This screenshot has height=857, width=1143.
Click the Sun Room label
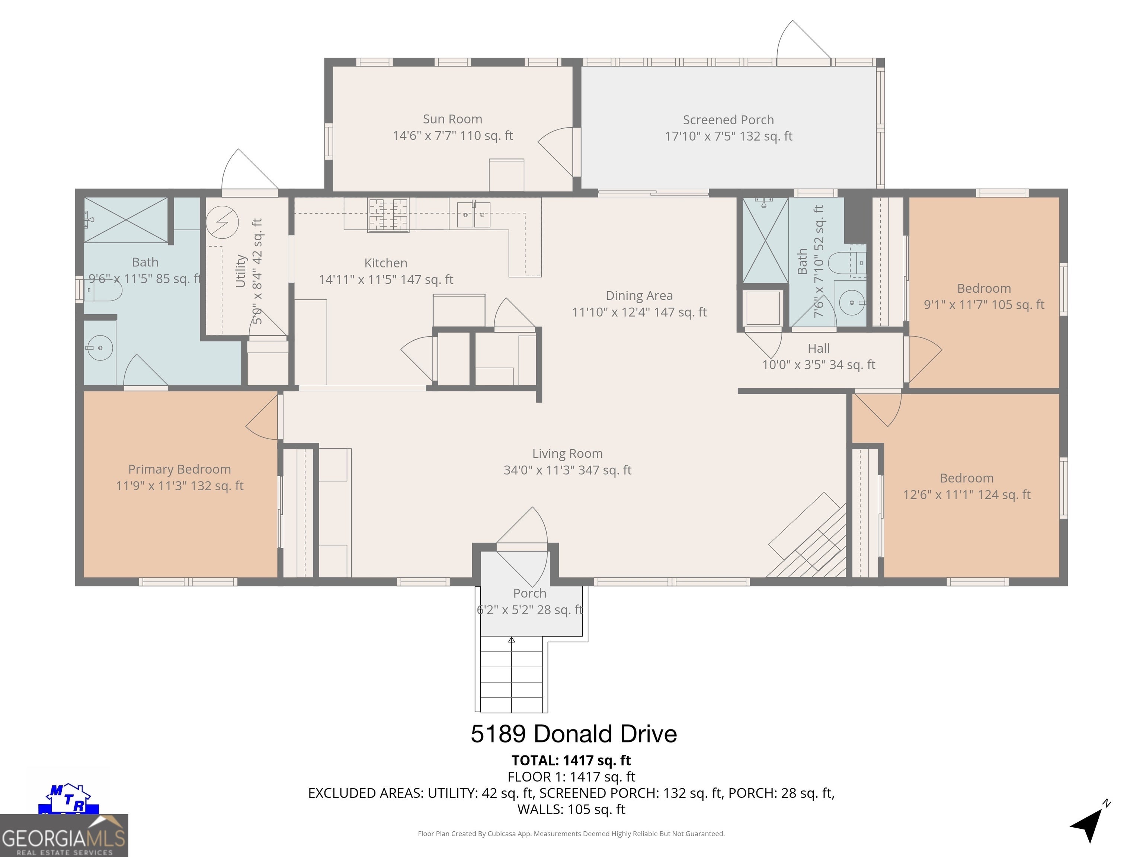click(453, 119)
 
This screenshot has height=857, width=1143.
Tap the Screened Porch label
click(729, 120)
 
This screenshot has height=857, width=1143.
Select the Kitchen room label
click(386, 263)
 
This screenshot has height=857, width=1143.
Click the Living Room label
click(567, 453)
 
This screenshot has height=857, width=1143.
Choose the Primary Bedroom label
click(179, 469)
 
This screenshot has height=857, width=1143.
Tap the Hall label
click(819, 349)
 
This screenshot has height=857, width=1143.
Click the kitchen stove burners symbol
click(388, 214)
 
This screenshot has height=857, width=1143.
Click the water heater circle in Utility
click(222, 223)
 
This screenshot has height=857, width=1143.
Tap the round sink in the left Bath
click(100, 348)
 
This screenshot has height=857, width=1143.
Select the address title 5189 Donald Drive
click(574, 734)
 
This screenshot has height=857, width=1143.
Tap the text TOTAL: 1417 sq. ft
click(571, 760)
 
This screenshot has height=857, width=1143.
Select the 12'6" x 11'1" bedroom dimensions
click(967, 495)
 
